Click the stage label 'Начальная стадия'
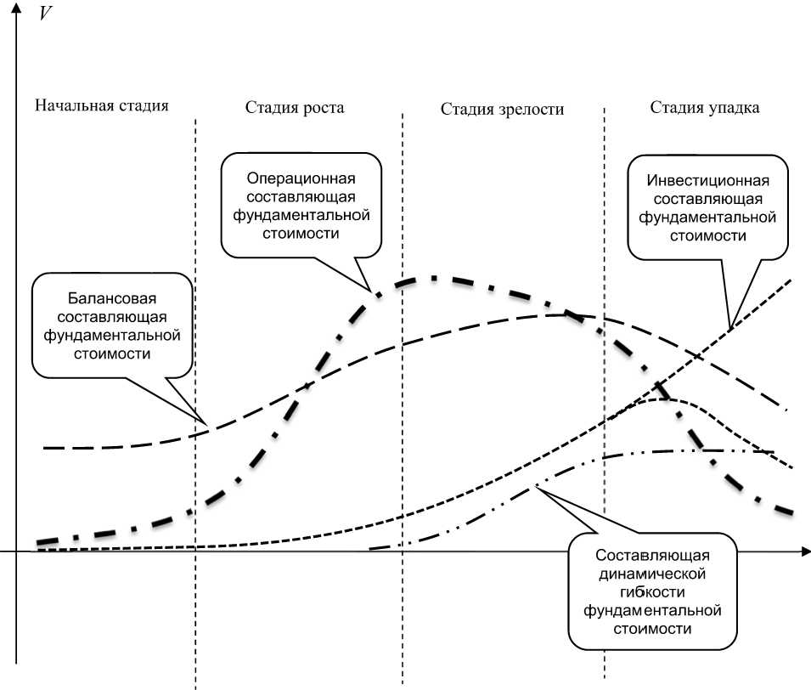point(102,106)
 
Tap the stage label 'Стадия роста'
point(295,108)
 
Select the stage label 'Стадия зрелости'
point(502,110)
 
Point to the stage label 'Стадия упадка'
point(705,108)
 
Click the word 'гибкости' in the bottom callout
point(652,591)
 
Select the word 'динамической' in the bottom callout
point(652,574)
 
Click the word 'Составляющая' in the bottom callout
point(652,556)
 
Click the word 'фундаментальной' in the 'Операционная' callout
point(300,214)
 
